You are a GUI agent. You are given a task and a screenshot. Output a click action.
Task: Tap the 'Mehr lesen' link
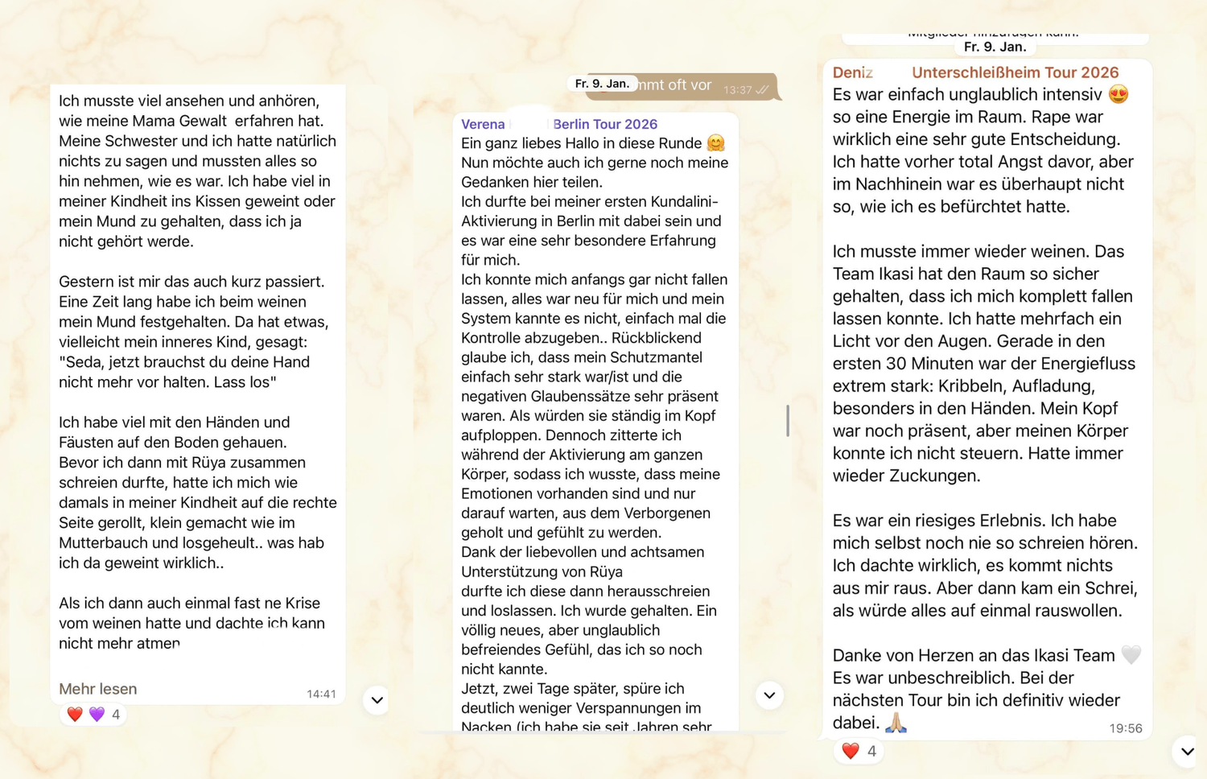97,689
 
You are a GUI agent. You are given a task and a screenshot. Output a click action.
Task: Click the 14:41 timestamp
321,694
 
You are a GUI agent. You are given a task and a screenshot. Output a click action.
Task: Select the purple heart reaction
97,715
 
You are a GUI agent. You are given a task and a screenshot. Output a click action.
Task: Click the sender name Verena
483,124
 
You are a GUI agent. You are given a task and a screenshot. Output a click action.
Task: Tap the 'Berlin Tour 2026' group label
605,124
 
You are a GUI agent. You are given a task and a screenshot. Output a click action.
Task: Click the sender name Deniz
852,72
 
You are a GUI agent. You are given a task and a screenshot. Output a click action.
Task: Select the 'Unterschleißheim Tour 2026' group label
1015,72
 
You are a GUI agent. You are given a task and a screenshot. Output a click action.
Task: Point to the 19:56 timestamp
1125,728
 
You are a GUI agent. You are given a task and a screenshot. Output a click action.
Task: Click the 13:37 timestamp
737,89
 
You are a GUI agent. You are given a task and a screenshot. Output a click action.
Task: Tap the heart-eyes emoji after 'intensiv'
1118,94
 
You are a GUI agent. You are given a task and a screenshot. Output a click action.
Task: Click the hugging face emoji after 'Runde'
715,143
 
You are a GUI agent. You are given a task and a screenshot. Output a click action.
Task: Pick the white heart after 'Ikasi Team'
1131,655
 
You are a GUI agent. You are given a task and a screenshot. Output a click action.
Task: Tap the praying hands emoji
896,722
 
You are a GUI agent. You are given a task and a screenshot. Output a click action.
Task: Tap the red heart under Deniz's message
851,751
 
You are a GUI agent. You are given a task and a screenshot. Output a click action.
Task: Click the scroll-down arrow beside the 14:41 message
377,700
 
